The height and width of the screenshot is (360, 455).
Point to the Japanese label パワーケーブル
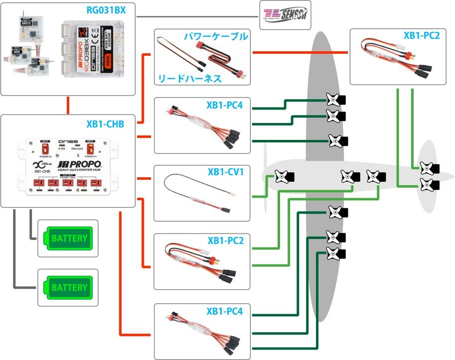coord(216,37)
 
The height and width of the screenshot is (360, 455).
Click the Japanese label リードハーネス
coord(190,79)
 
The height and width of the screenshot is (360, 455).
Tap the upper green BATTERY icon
coord(68,238)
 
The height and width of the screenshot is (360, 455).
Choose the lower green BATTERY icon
coord(68,287)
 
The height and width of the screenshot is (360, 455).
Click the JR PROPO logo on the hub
coord(80,165)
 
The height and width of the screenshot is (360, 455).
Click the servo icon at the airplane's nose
coord(284,176)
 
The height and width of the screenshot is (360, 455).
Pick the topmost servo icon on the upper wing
coord(335,99)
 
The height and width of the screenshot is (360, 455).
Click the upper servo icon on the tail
coord(429,168)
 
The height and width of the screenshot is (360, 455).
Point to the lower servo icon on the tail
coord(429,185)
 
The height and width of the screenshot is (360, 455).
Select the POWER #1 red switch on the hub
coord(90,147)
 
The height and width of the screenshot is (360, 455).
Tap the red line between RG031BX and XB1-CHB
coord(68,105)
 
